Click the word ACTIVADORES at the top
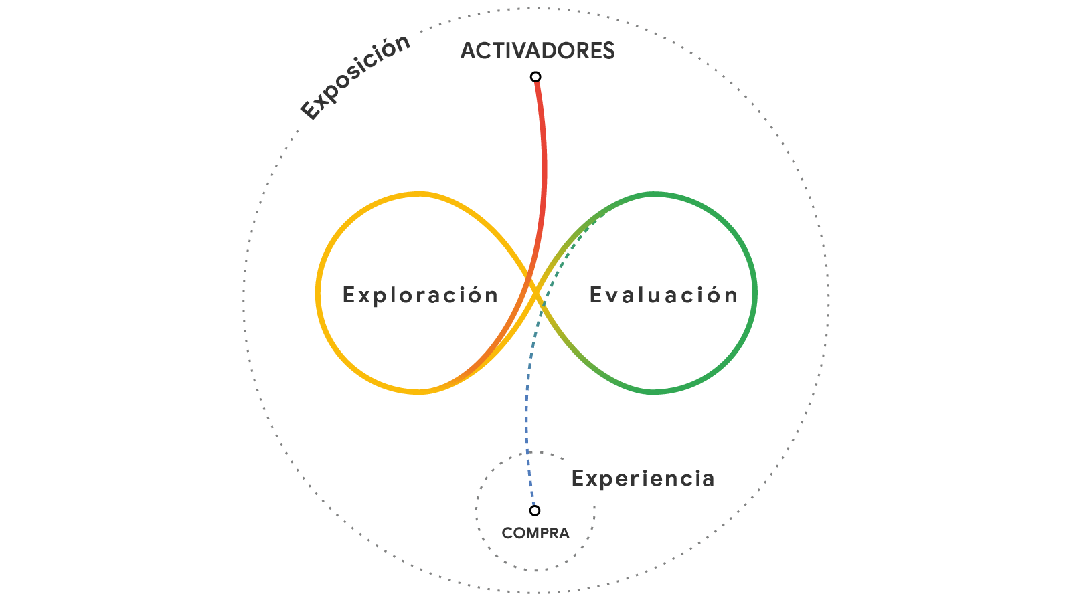tap(538, 51)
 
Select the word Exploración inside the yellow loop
tap(420, 295)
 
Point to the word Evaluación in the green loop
tap(663, 294)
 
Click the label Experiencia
tap(643, 478)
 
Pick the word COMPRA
tap(535, 533)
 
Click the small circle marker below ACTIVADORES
tap(535, 77)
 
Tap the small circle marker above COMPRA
tap(535, 511)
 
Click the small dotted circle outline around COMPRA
tap(476, 511)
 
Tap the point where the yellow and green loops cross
tap(535, 292)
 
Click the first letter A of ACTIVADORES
tap(469, 51)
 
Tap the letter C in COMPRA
tap(507, 533)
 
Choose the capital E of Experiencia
tap(578, 478)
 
